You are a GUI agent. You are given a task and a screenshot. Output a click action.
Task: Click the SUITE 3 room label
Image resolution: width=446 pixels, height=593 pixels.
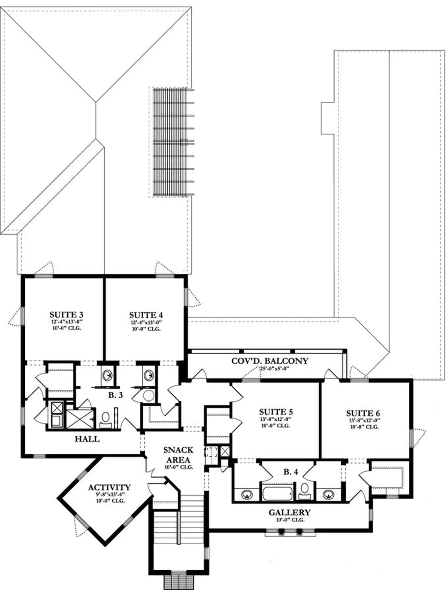tap(66, 315)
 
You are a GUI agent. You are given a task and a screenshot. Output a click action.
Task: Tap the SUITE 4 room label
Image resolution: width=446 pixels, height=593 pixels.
tap(146, 315)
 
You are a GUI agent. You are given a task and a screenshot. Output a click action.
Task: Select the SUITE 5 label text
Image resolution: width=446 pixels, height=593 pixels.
tap(276, 412)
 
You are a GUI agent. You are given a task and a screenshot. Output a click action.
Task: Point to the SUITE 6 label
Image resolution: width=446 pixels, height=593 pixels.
tap(363, 413)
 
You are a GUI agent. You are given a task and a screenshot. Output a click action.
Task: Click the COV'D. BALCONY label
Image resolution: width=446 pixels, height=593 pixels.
tap(270, 361)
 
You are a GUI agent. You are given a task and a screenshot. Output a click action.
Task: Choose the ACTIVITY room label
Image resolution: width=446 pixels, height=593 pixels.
tap(109, 487)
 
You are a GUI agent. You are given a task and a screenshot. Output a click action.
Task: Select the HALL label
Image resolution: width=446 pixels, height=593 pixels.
tap(87, 439)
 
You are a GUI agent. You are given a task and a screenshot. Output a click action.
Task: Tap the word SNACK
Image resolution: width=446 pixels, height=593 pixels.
tap(178, 450)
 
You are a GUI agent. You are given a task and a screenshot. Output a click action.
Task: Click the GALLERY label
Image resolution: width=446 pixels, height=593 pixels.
tap(290, 512)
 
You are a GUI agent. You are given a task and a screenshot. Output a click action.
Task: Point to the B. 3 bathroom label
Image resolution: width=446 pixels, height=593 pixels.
tap(116, 395)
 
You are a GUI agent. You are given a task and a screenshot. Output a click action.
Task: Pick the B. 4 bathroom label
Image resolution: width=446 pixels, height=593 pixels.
tap(291, 472)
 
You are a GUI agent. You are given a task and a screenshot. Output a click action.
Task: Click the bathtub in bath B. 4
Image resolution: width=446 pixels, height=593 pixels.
tap(277, 493)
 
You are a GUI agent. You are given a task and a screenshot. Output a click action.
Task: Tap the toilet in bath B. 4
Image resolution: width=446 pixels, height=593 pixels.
tap(305, 492)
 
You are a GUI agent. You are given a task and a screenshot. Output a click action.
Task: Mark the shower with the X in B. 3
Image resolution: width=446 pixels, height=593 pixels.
tap(80, 419)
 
